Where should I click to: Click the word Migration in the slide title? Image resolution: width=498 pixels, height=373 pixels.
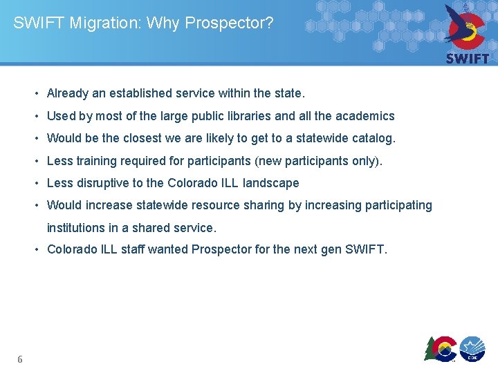pos(97,23)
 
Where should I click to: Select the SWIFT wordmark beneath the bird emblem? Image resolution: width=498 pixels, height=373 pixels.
pos(468,59)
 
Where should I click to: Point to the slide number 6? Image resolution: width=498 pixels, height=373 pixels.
pos(20,359)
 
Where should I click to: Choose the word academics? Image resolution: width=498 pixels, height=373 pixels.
pos(365,116)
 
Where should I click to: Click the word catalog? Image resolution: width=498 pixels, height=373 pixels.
pos(374,138)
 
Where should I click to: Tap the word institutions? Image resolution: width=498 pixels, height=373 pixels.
pos(75,227)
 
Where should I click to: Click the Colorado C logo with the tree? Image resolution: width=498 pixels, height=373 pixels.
pos(441,348)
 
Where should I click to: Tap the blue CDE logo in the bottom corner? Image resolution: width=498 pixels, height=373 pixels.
pos(473,348)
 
